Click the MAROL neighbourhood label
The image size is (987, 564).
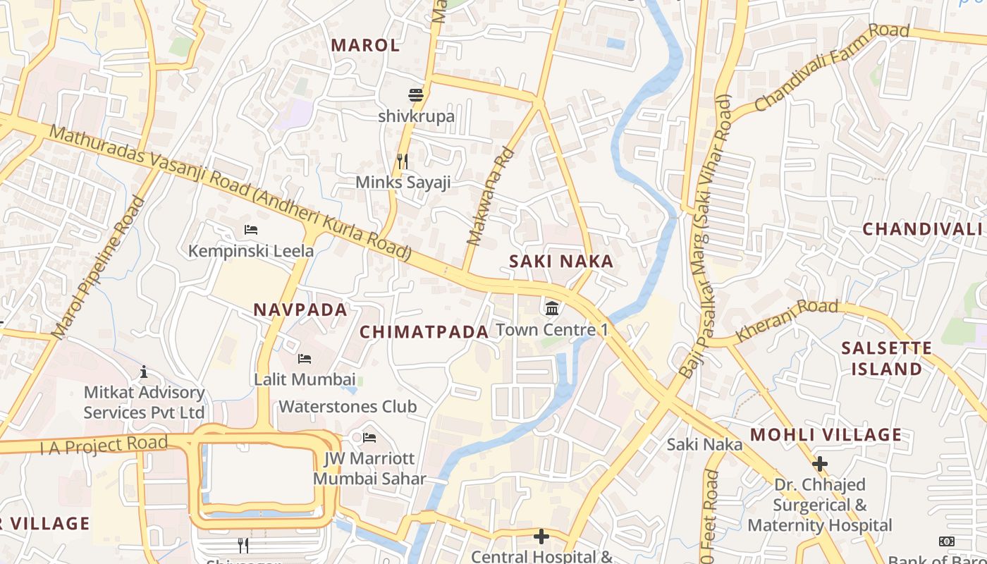pyautogui.click(x=365, y=45)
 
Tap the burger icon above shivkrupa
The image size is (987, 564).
pyautogui.click(x=416, y=94)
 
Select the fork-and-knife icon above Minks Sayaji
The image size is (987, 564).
pyautogui.click(x=403, y=161)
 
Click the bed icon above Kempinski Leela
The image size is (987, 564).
pyautogui.click(x=250, y=230)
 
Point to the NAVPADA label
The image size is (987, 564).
pyautogui.click(x=300, y=309)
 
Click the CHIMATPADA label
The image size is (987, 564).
pyautogui.click(x=424, y=332)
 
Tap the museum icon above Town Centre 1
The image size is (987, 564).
pyautogui.click(x=553, y=308)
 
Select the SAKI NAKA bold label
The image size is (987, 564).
pyautogui.click(x=561, y=262)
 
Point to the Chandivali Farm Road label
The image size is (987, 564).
pyautogui.click(x=832, y=68)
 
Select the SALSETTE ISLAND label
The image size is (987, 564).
pyautogui.click(x=886, y=358)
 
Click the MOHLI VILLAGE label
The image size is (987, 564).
pyautogui.click(x=826, y=434)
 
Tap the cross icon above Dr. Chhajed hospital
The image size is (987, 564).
pyautogui.click(x=819, y=464)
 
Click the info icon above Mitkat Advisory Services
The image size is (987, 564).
pyautogui.click(x=144, y=372)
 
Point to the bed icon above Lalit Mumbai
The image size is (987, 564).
pyautogui.click(x=304, y=359)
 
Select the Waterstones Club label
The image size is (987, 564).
pyautogui.click(x=348, y=407)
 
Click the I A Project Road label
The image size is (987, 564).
pyautogui.click(x=104, y=446)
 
